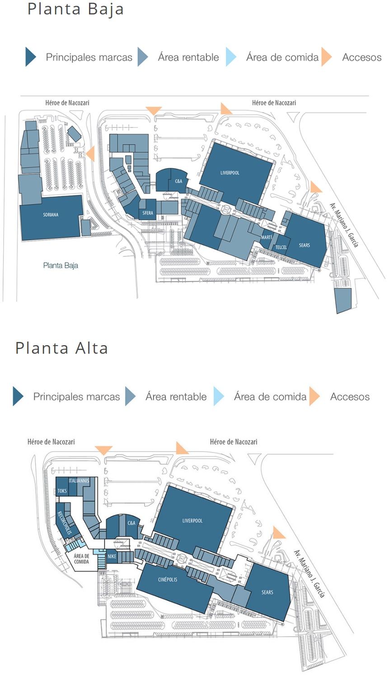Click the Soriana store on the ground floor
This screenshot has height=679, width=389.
pyautogui.click(x=51, y=215)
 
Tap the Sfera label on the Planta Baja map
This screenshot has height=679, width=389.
pyautogui.click(x=148, y=213)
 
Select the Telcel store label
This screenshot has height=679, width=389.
pyautogui.click(x=281, y=247)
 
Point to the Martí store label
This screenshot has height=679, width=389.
pyautogui.click(x=267, y=237)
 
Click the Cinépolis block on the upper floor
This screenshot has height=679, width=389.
pyautogui.click(x=168, y=579)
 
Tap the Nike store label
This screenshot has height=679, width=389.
pyautogui.click(x=112, y=556)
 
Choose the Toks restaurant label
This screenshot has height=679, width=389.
pyautogui.click(x=62, y=491)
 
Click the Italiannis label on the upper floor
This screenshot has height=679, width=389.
pyautogui.click(x=80, y=481)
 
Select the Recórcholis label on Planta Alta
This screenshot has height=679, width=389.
pyautogui.click(x=64, y=522)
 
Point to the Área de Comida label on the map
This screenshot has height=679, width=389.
pyautogui.click(x=81, y=559)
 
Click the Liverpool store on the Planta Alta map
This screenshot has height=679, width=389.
pyautogui.click(x=192, y=521)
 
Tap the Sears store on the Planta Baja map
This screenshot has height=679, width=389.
pyautogui.click(x=305, y=245)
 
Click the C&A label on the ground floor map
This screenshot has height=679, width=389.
pyautogui.click(x=178, y=181)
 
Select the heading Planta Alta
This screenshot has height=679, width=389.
pyautogui.click(x=61, y=348)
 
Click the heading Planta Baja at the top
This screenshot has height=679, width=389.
pyautogui.click(x=75, y=9)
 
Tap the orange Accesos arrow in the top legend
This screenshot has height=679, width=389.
pyautogui.click(x=326, y=57)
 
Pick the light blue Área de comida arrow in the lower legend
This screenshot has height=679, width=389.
pyautogui.click(x=218, y=397)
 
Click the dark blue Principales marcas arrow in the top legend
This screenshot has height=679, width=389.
pyautogui.click(x=30, y=57)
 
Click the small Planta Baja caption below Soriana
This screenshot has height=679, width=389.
pyautogui.click(x=61, y=265)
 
